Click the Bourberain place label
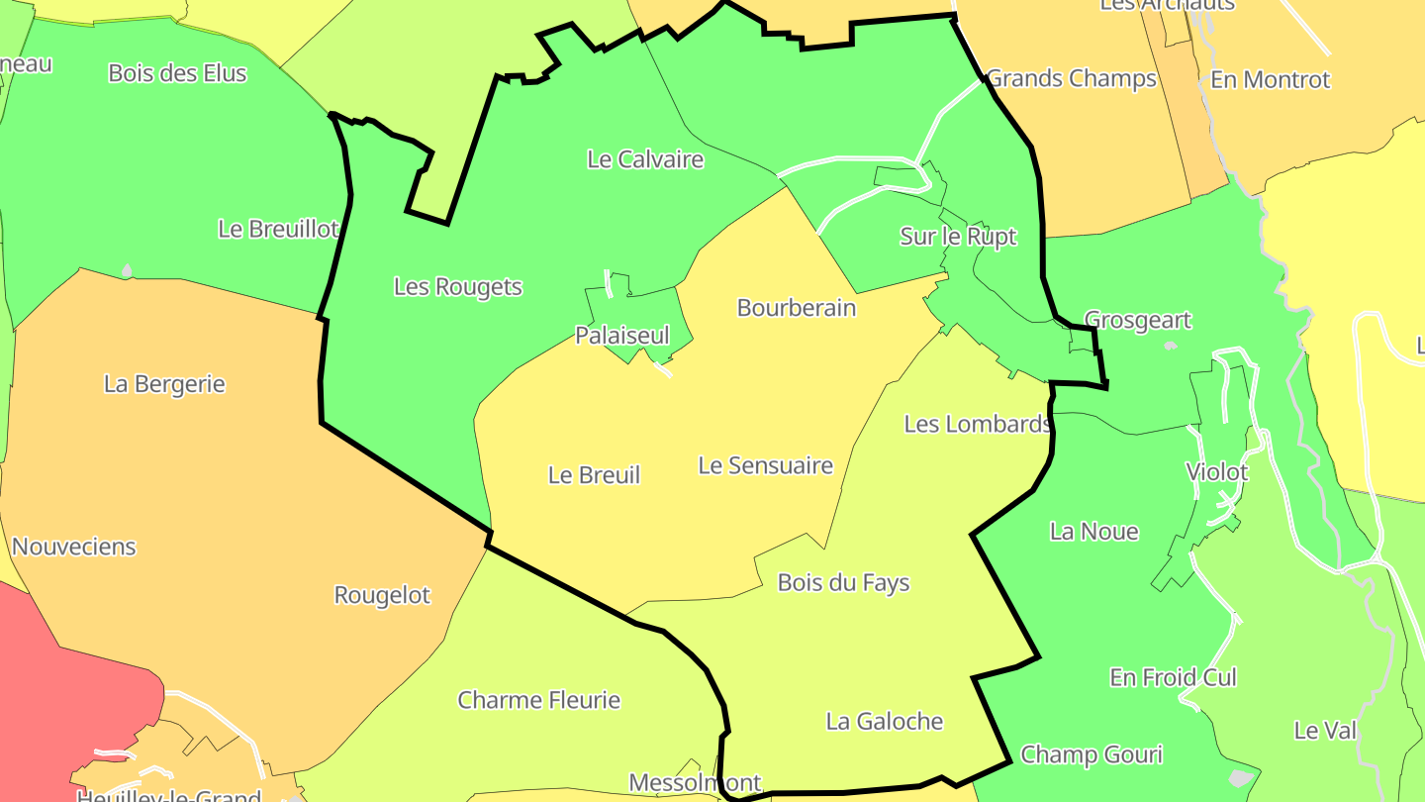(796, 308)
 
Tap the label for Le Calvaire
(645, 159)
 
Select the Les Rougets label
(457, 287)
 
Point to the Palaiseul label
(622, 336)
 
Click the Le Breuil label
(594, 475)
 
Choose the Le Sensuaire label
(765, 465)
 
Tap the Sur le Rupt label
(957, 237)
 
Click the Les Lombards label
(977, 424)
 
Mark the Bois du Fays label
(843, 583)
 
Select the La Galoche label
(884, 722)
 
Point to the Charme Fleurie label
(538, 701)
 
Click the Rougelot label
(382, 595)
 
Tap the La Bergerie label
(164, 384)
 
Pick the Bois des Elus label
(177, 73)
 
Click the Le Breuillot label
(278, 229)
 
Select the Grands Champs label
(1072, 78)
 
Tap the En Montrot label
(1271, 80)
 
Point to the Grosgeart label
(1138, 321)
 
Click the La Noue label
(1093, 532)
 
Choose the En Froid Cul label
(1173, 678)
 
